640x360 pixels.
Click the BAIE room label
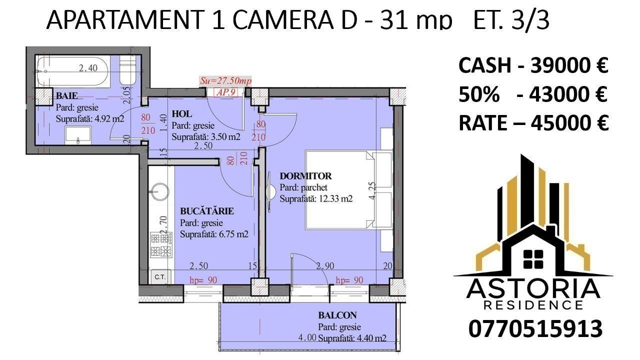click(x=67, y=95)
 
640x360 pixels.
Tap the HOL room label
click(x=181, y=114)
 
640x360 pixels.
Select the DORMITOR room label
click(x=305, y=175)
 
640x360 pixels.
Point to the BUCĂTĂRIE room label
click(x=207, y=211)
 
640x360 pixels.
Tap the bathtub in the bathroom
click(x=73, y=71)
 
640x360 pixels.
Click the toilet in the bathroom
click(x=127, y=69)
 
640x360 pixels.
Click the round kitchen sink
click(x=159, y=191)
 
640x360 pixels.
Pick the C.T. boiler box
click(x=160, y=276)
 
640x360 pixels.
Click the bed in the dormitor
click(x=348, y=189)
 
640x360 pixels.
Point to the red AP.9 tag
click(x=225, y=92)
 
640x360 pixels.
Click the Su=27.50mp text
click(x=225, y=81)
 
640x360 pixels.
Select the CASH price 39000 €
click(x=569, y=65)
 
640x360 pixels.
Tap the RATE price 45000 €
click(x=569, y=123)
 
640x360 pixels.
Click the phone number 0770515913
click(x=535, y=329)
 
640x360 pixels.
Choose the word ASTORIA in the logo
click(x=533, y=288)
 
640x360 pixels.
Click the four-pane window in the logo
click(x=533, y=259)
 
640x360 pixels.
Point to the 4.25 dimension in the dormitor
click(x=372, y=190)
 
